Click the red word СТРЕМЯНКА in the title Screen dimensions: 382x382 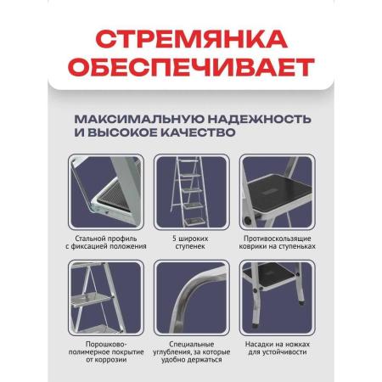pos(192,39)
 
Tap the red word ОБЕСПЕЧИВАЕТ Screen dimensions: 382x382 pos(191,67)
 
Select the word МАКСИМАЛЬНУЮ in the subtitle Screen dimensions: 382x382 pos(138,119)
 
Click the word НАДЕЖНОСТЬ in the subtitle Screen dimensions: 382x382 pos(260,119)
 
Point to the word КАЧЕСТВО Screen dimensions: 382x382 pos(198,132)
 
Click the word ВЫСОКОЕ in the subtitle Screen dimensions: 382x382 pos(122,132)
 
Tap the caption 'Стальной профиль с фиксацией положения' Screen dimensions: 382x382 pos(106,243)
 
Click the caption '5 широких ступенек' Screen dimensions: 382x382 pos(190,243)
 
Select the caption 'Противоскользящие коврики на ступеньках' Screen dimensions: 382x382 pos(277,243)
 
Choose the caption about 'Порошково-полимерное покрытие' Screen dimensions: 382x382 pos(106,352)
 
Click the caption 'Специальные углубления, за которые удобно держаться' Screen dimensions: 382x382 pos(192,352)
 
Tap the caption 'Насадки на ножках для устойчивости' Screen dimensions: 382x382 pos(278,348)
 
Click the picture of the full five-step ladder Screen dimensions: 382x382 pos(192,192)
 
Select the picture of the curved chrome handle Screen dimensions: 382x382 pos(192,298)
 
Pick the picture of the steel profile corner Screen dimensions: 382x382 pos(106,192)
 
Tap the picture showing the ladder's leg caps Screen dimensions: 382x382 pos(278,298)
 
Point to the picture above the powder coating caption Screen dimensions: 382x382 pos(106,298)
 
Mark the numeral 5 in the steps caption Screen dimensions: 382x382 pos(174,239)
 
